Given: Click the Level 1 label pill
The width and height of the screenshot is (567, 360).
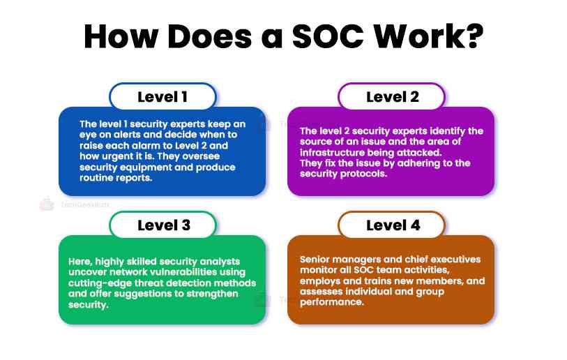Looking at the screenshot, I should (x=162, y=97).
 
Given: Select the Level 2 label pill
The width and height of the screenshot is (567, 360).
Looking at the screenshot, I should (x=392, y=97).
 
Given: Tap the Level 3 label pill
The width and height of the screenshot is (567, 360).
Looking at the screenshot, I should (x=162, y=225).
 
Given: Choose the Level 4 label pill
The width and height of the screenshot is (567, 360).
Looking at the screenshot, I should (x=392, y=225).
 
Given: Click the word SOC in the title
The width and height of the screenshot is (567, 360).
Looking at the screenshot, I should (x=317, y=36).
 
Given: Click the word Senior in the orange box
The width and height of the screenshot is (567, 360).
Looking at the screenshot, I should (x=315, y=259).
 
